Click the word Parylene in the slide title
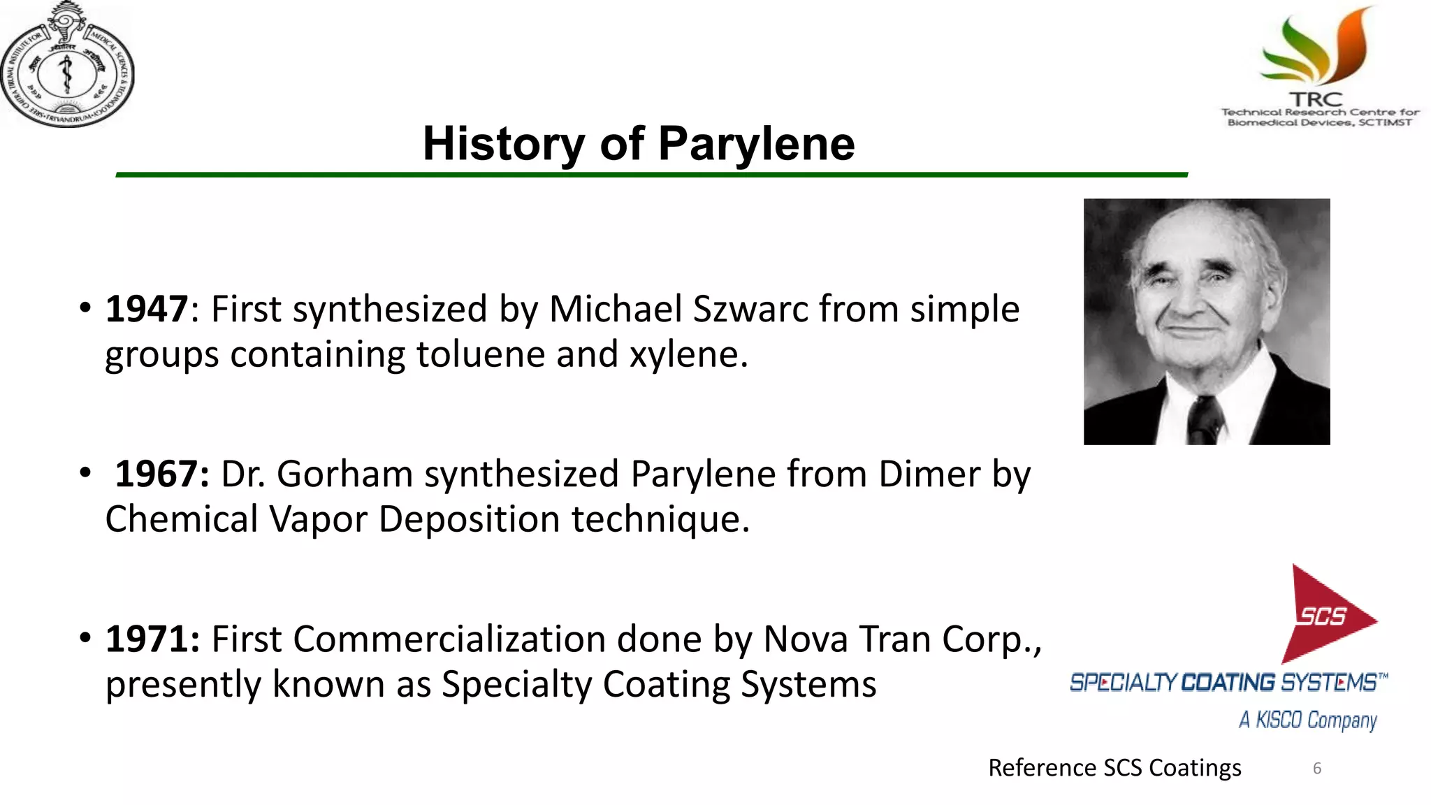756,145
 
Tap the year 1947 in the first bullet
146,309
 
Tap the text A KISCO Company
1307,720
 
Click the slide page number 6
1316,769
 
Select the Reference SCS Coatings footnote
1114,768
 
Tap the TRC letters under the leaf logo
1316,100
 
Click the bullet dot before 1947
85,307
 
